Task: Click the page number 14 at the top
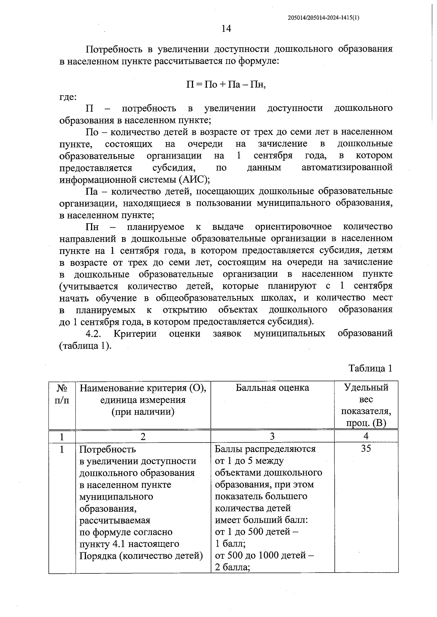(226, 29)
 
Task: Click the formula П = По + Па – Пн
(226, 85)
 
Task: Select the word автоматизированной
(347, 168)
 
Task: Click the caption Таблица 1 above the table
(370, 368)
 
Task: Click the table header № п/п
(62, 394)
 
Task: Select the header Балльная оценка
(272, 388)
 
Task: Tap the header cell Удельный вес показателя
(366, 405)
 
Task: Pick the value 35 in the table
(366, 449)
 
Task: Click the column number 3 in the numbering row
(272, 436)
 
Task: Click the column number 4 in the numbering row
(366, 436)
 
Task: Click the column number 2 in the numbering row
(143, 436)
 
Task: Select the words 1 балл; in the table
(230, 544)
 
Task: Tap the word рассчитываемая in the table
(115, 520)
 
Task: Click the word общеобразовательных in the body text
(205, 298)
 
